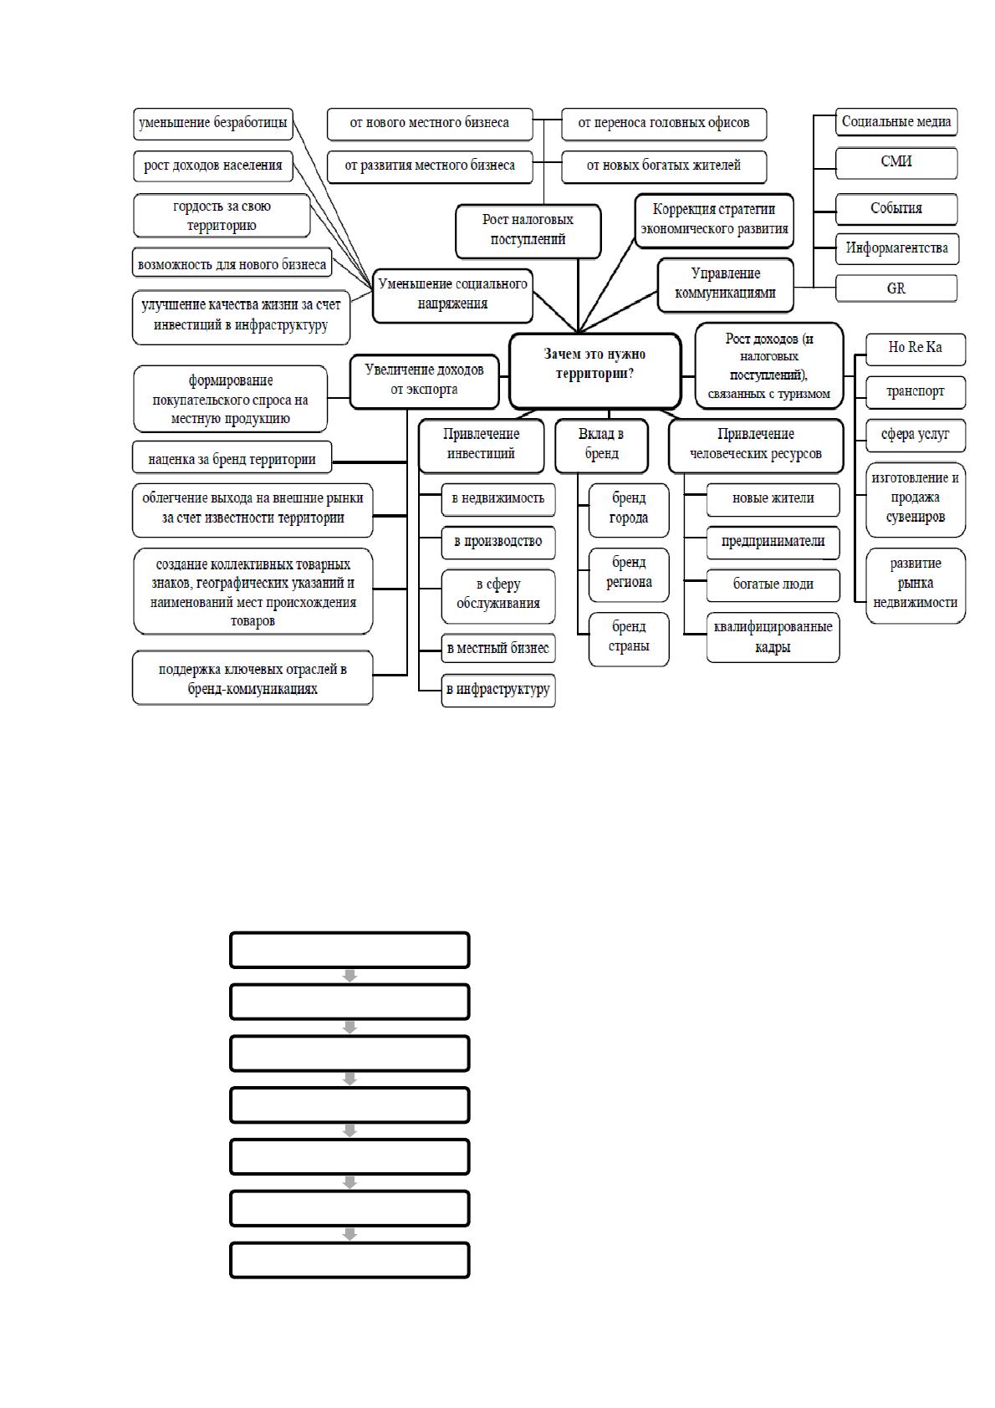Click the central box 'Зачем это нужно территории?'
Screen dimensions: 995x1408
point(594,371)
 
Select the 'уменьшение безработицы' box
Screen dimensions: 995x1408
point(213,123)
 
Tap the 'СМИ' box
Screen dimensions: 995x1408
point(896,163)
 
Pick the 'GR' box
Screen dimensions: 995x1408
point(896,288)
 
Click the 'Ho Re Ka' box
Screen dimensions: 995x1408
point(916,349)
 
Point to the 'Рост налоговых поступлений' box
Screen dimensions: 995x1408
point(528,231)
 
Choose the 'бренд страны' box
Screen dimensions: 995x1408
point(629,639)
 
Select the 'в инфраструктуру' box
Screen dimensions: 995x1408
point(497,690)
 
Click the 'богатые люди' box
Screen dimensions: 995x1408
point(773,585)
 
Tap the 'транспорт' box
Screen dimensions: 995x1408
point(916,392)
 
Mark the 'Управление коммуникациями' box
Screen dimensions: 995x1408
point(726,285)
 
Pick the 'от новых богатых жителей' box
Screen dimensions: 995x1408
point(664,166)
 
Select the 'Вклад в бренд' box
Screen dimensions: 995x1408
point(601,445)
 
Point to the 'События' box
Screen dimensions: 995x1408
point(896,209)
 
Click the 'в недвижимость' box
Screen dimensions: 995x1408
point(497,499)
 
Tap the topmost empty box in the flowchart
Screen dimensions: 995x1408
point(350,950)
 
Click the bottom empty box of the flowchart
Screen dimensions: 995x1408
point(350,1260)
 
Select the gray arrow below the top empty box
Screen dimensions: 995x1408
point(350,976)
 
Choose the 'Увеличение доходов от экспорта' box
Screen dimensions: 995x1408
point(424,381)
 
